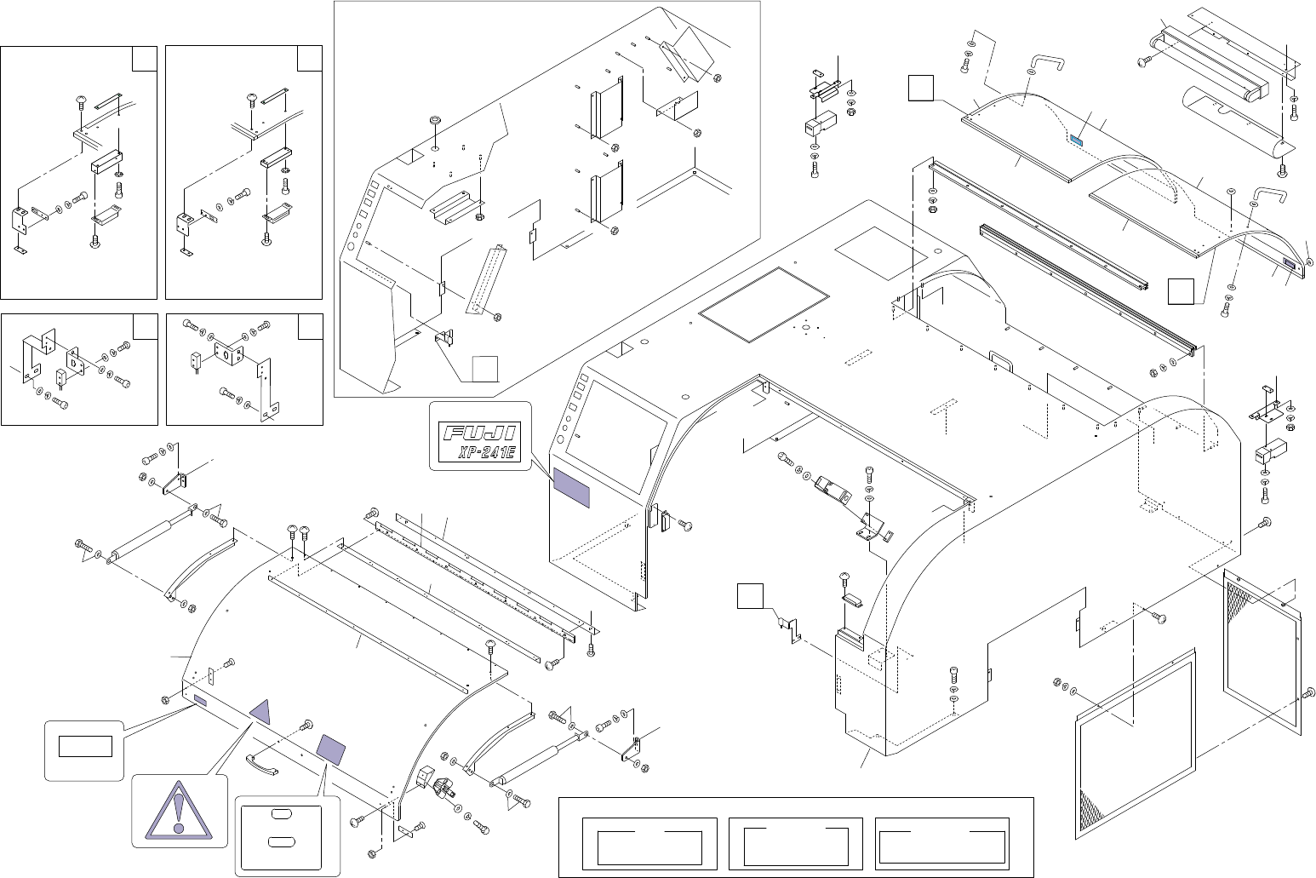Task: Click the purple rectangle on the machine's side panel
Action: (572, 486)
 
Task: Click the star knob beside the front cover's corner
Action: (442, 788)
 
